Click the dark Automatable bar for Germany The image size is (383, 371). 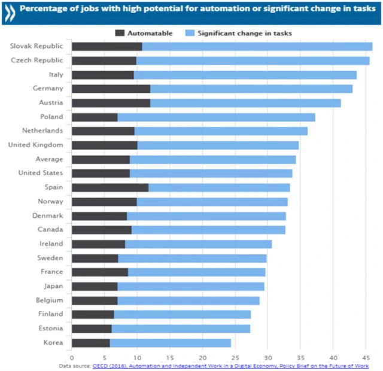(x=111, y=89)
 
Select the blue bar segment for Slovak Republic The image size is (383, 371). (x=257, y=47)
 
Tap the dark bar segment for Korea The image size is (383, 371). (x=91, y=343)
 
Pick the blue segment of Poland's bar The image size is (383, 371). (x=216, y=117)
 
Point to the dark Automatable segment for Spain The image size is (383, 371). (x=110, y=187)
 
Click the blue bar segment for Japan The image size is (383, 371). (x=191, y=286)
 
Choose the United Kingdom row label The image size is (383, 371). (x=35, y=145)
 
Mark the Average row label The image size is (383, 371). (x=49, y=159)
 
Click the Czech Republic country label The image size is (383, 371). (x=37, y=60)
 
